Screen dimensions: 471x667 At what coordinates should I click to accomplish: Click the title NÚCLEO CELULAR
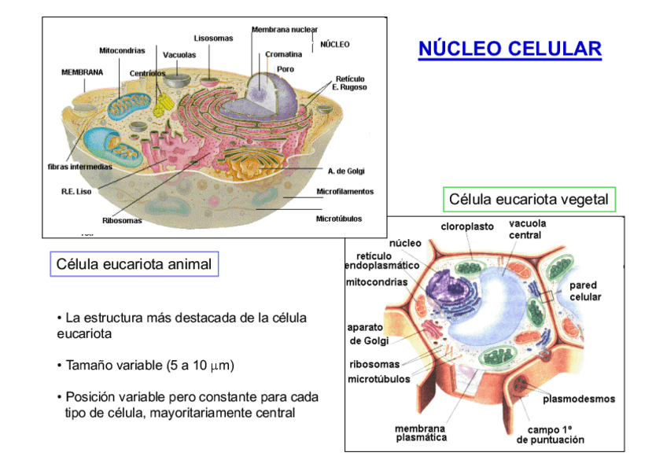tap(510, 49)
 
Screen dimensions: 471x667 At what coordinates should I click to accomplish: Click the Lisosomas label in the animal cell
tap(213, 38)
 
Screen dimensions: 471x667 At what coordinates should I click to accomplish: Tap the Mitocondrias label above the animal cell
tap(122, 50)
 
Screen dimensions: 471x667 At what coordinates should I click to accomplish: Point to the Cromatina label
tap(284, 54)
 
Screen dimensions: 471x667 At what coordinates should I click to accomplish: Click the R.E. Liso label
tap(76, 191)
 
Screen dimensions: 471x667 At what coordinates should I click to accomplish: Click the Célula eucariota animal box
tap(134, 264)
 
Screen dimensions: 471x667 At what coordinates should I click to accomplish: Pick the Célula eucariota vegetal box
tap(529, 200)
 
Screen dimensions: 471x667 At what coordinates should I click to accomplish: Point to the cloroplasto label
tap(467, 226)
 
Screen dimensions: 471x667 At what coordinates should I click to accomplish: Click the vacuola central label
tap(527, 230)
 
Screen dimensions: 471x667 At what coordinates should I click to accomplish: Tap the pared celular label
tap(585, 291)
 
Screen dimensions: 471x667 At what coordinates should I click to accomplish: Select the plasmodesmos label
tap(579, 399)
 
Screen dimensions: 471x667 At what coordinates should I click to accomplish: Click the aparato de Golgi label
tap(365, 333)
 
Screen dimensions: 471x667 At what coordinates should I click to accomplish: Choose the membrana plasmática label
tap(420, 432)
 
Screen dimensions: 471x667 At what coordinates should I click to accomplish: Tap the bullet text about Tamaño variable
tap(146, 366)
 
